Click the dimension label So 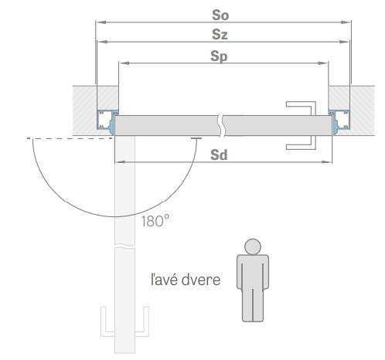[x=220, y=15]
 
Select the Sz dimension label [x=220, y=35]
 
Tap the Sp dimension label [x=219, y=56]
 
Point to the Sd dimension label [x=219, y=155]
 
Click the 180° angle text [x=155, y=221]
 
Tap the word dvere [x=201, y=280]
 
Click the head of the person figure [x=253, y=246]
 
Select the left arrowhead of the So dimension [x=101, y=22]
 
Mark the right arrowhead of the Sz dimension [x=344, y=42]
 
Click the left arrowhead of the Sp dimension [x=124, y=63]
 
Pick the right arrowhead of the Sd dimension [x=327, y=162]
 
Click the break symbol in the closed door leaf [x=221, y=125]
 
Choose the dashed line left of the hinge [x=70, y=138]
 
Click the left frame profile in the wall [x=105, y=120]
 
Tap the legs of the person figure [x=253, y=305]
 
